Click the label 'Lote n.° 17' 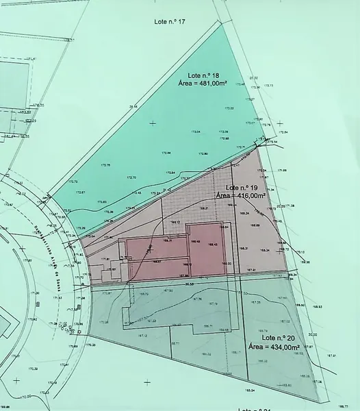coord(170,22)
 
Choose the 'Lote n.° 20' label coord(277,338)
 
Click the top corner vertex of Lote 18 coord(224,25)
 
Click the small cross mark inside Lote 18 coord(152,123)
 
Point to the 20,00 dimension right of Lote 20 coord(313,334)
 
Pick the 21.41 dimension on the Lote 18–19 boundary coord(166,190)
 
